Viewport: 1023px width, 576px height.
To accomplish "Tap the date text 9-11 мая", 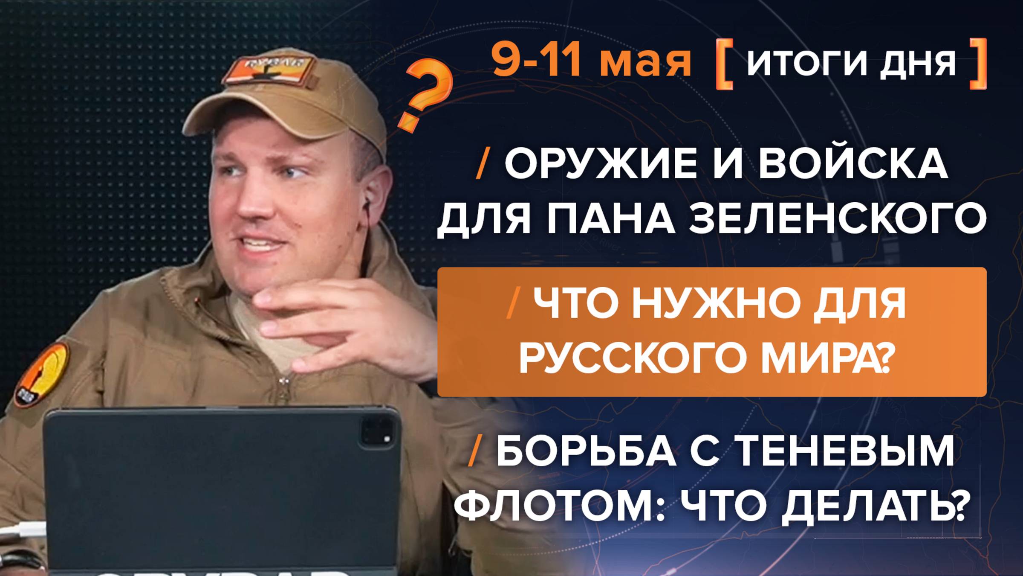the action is (591, 61).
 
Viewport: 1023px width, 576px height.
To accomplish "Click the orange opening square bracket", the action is (725, 64).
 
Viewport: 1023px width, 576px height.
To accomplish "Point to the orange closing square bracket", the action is (978, 64).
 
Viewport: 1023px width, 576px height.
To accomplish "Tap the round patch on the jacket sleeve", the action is (42, 374).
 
